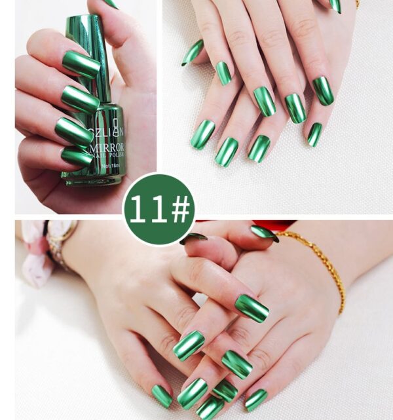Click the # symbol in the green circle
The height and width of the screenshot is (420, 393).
pos(177,209)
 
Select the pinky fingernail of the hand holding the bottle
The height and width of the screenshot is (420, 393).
pos(76,157)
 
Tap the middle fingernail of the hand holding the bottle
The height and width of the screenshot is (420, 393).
pos(79,100)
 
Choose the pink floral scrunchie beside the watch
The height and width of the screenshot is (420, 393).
pos(33,256)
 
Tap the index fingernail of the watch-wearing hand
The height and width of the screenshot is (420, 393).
pos(252,308)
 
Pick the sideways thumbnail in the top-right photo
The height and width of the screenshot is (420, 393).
pos(193,52)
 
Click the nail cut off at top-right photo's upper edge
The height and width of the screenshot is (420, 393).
pos(335,5)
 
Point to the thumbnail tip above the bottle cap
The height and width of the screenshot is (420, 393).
pos(109,3)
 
